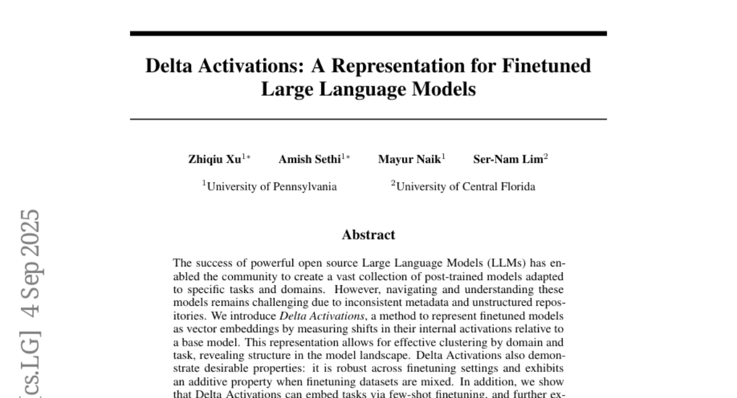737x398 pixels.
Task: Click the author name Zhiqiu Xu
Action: coord(215,160)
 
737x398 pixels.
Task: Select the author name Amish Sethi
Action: coord(310,160)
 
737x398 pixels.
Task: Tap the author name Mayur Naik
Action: coord(408,160)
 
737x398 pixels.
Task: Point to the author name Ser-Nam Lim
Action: coord(507,160)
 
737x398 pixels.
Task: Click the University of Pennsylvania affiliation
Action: coord(270,187)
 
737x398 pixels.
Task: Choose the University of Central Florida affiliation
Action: coord(463,187)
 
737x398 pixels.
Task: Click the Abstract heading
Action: coord(368,235)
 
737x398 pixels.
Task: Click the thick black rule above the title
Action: coord(368,33)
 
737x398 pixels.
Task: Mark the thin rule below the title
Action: coord(368,119)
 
